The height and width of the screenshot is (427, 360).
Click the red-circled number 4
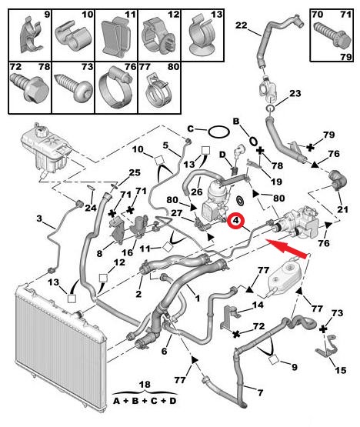click(235, 221)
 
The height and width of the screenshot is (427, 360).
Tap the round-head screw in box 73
click(73, 88)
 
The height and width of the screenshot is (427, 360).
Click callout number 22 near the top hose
click(242, 25)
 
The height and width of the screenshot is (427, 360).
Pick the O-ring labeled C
click(218, 132)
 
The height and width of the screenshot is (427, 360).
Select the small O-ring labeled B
click(253, 141)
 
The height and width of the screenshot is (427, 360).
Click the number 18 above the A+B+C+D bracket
click(145, 384)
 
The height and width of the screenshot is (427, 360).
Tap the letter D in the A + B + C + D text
click(172, 401)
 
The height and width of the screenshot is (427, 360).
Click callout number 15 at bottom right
click(341, 370)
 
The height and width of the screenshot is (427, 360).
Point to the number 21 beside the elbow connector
click(342, 209)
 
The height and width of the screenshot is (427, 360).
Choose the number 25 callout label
click(135, 172)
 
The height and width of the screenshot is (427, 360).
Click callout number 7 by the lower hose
click(260, 392)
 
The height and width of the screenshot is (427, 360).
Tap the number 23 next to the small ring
click(295, 93)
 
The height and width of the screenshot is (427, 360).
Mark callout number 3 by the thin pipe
click(40, 219)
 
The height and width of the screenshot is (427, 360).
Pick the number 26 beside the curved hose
click(197, 192)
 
